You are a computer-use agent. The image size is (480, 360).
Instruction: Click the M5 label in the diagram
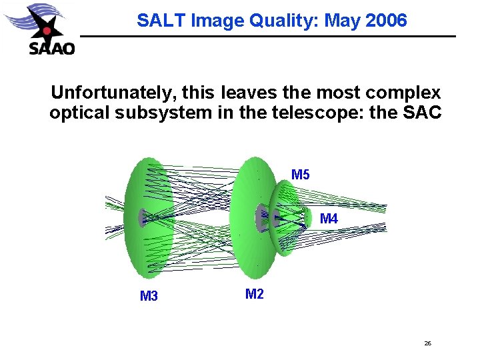[301, 175]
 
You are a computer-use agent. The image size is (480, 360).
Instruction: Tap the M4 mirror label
[329, 219]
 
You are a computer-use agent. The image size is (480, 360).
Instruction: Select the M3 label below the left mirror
[149, 296]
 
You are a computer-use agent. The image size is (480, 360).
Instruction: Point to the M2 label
[255, 293]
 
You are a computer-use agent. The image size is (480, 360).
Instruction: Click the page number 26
[427, 343]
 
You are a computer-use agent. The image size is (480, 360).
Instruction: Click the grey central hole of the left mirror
[142, 218]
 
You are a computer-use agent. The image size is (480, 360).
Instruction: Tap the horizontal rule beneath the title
[267, 36]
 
